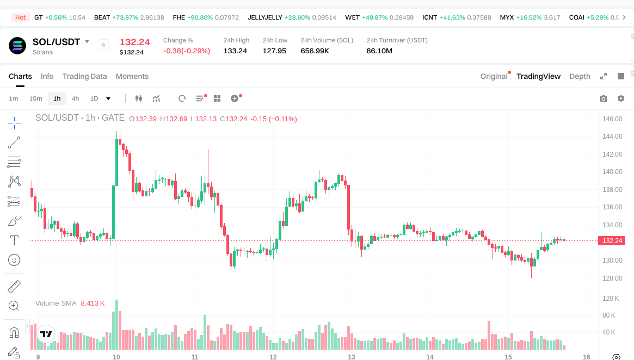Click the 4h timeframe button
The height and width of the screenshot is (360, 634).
coord(75,98)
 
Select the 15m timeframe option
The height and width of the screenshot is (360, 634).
coord(35,98)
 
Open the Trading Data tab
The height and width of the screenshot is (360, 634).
coord(84,76)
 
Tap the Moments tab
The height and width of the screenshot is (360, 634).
coord(132,76)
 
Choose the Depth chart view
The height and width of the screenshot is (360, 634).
coord(580,76)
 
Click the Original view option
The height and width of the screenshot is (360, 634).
coord(494,76)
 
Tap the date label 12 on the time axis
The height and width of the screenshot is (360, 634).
coord(273,357)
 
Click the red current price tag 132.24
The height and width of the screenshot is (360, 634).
coord(612,240)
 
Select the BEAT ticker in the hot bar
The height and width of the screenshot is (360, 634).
coord(102,17)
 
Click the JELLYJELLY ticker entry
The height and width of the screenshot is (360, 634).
coord(265,17)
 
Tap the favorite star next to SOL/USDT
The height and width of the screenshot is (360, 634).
coord(103,45)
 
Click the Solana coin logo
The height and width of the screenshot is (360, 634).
coord(17,46)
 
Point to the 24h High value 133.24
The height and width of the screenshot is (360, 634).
coord(235,51)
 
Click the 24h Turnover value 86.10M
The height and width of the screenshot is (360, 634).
coord(379,51)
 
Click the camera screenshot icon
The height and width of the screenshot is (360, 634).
coord(603,98)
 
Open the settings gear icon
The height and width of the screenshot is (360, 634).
coord(620,98)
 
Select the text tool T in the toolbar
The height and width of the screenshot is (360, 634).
coord(15,240)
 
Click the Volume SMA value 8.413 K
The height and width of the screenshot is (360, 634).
coord(93,303)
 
